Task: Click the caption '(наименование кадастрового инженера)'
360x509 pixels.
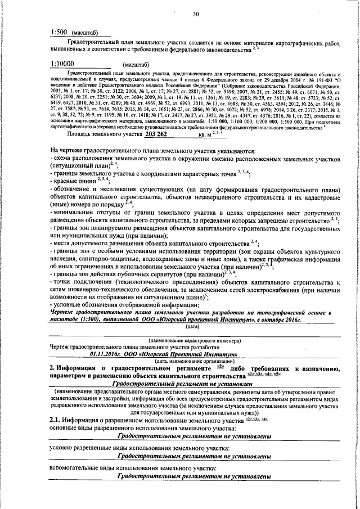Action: coord(195,341)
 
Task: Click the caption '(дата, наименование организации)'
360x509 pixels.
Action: coord(195,361)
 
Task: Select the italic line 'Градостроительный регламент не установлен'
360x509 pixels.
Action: coord(195,383)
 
